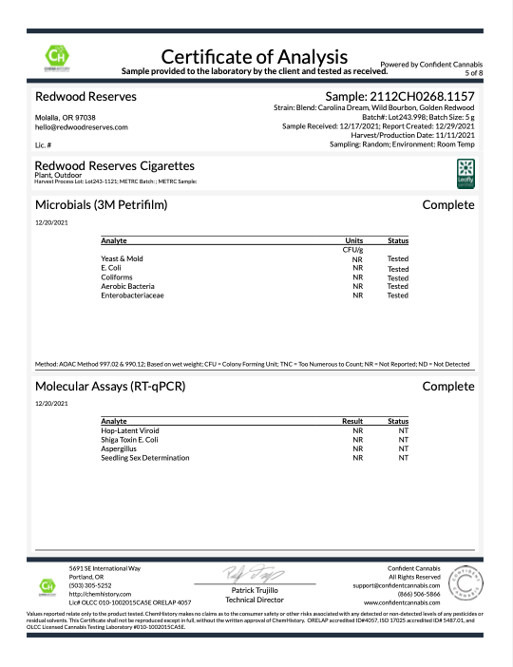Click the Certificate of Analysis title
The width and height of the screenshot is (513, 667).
[256, 54]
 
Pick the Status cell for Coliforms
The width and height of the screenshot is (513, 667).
[398, 277]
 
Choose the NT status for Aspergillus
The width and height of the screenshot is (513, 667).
[403, 449]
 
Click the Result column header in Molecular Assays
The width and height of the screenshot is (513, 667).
[352, 421]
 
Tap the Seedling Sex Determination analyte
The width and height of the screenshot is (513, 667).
[144, 458]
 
